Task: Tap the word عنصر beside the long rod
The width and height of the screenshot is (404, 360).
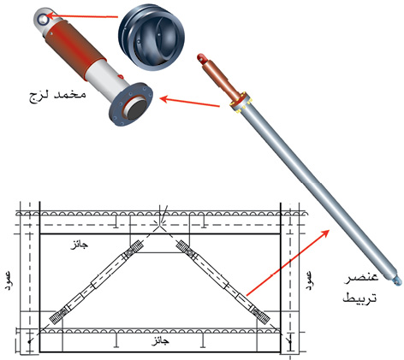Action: point(361,277)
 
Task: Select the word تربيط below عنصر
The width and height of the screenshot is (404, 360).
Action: point(359,298)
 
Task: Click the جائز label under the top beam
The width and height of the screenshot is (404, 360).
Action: point(80,245)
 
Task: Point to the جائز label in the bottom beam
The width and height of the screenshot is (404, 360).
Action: point(160,341)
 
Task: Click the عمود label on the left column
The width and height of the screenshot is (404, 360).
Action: point(9,280)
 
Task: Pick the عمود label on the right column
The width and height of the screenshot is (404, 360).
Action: point(310,280)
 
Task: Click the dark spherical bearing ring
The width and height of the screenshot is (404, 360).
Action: point(151,38)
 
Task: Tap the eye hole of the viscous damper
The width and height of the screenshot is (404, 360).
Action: point(44,19)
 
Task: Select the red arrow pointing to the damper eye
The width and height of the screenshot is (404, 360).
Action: point(82,16)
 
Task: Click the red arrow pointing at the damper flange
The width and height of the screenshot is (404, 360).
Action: point(189,103)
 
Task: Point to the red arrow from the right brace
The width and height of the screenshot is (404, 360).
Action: point(288,262)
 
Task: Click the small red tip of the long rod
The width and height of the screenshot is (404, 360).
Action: point(201,57)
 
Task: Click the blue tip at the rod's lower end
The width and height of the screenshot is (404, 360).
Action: point(397,280)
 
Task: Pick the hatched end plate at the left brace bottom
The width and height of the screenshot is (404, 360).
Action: point(56,316)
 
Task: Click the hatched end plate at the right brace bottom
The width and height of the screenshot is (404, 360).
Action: point(262,316)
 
